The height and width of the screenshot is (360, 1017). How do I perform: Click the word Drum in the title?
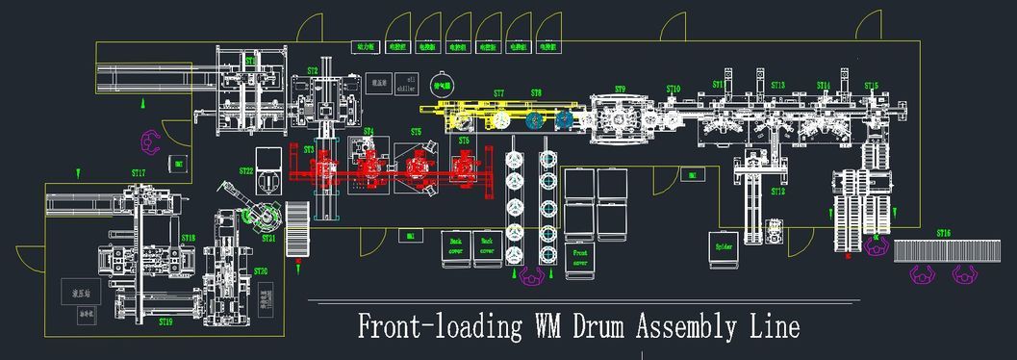point(581,326)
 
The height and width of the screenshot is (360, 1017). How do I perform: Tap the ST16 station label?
point(943,233)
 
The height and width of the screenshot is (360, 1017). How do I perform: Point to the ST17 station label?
point(139,173)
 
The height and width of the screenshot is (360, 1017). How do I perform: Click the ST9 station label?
point(620,90)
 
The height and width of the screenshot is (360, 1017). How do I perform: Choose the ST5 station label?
point(416,131)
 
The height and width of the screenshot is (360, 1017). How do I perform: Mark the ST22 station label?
point(246,170)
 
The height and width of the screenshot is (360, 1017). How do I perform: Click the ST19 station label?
point(165,321)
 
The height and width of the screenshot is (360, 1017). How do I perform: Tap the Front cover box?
point(580,257)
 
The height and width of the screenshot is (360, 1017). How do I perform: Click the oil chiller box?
point(410,81)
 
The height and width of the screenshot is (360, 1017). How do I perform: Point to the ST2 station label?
point(313,71)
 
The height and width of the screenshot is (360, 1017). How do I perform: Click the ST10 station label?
point(674,89)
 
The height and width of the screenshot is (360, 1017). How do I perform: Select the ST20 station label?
point(261,271)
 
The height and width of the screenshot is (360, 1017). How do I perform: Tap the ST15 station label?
point(871,86)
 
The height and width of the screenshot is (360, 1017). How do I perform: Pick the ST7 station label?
point(498,93)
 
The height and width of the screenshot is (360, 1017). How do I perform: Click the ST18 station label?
point(189,237)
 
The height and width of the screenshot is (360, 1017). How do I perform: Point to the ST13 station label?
point(777,86)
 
